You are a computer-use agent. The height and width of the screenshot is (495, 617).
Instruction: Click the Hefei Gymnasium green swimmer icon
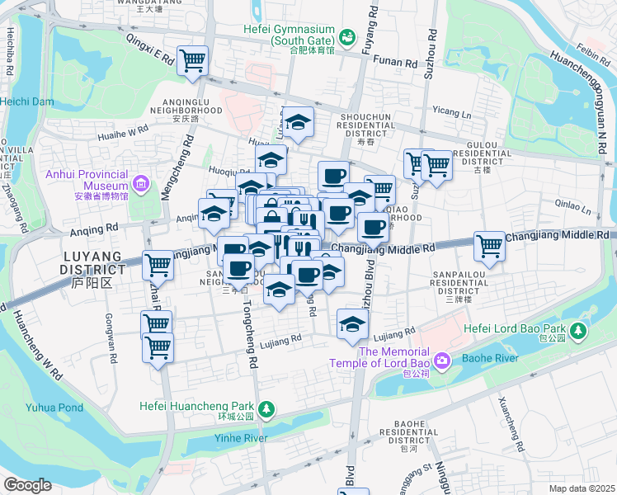coord(347,37)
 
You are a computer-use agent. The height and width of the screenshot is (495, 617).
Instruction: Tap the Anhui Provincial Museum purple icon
coord(140,181)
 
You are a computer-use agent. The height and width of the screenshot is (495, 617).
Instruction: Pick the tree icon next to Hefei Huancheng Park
coord(266,408)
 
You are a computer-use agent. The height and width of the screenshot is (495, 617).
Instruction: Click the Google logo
coord(27,485)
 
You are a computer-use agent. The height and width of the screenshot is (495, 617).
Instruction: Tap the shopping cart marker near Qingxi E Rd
coord(192,59)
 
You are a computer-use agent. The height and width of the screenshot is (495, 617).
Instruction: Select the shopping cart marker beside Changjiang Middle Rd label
coord(490,246)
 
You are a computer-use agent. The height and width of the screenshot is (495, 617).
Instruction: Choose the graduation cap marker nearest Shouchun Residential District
coord(298,121)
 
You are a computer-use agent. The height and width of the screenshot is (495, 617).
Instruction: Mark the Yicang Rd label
coord(450,110)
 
